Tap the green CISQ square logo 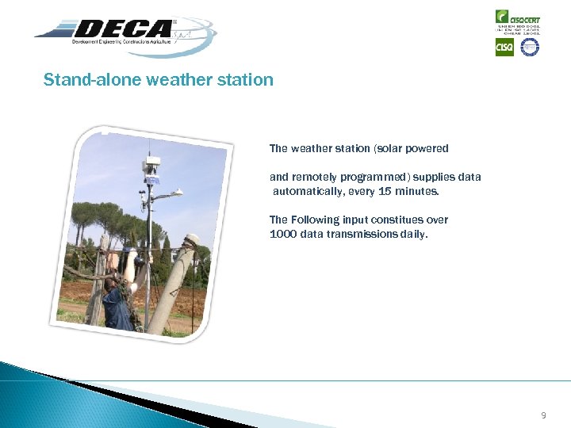pyautogui.click(x=504, y=48)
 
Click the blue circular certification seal pyautogui.click(x=529, y=48)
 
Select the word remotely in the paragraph pyautogui.click(x=316, y=177)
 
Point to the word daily pyautogui.click(x=412, y=234)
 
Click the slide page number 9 pyautogui.click(x=543, y=415)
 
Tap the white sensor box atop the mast pyautogui.click(x=152, y=165)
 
